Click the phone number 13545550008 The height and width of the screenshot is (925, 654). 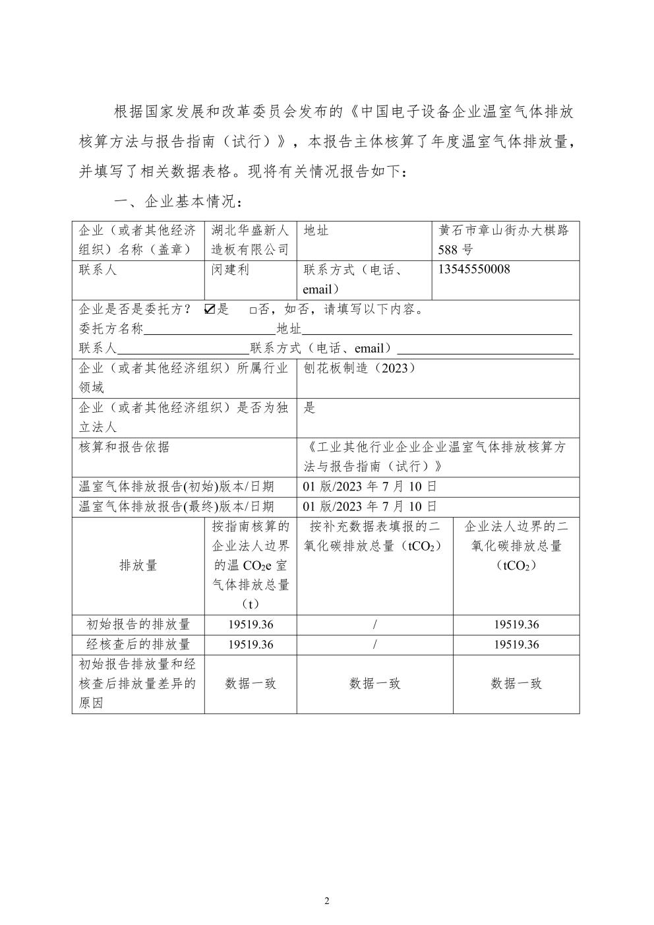(x=473, y=270)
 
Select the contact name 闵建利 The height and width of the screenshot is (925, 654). (x=230, y=270)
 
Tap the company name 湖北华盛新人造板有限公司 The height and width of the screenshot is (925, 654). (x=250, y=240)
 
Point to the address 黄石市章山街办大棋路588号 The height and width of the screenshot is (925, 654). (x=504, y=240)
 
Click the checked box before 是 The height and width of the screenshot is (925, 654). (x=210, y=309)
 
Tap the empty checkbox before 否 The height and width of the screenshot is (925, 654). (x=253, y=310)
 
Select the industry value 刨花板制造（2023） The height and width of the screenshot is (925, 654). (x=359, y=369)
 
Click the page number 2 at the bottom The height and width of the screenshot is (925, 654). (x=327, y=901)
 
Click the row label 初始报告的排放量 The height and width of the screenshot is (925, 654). (x=138, y=624)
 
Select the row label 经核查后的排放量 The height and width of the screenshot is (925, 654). (x=138, y=644)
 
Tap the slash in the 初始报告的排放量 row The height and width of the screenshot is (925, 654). (x=374, y=624)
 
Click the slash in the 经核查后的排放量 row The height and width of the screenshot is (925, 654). (x=374, y=644)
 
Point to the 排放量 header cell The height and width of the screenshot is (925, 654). (x=138, y=565)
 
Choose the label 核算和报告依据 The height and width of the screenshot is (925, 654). (x=124, y=447)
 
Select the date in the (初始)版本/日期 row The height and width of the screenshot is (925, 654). (x=370, y=487)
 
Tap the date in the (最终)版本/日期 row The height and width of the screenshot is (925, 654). (x=370, y=506)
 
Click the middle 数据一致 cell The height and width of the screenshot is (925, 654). (x=374, y=684)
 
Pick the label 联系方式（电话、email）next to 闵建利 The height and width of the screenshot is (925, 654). (x=363, y=280)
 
